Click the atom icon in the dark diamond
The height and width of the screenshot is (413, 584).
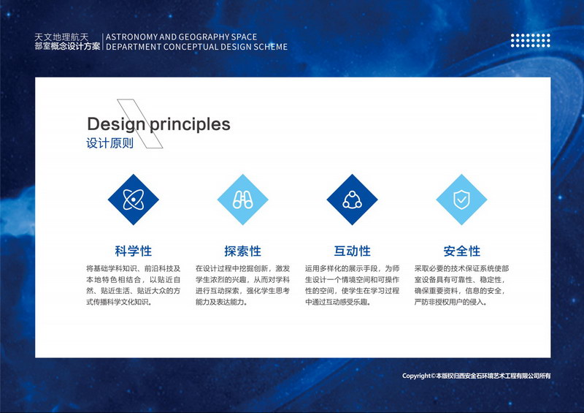pos(134,200)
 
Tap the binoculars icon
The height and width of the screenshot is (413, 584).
pos(243,200)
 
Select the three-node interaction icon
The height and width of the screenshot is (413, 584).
pos(353,200)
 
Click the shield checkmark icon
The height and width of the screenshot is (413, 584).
pos(461,200)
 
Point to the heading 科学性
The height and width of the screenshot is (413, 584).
pos(134,251)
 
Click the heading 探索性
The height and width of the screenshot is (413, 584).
pos(243,251)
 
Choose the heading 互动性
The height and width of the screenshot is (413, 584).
pos(353,251)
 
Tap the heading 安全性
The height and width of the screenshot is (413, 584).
pos(462,251)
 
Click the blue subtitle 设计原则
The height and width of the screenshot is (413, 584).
pos(110,143)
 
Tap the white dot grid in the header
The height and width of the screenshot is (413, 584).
pos(531,40)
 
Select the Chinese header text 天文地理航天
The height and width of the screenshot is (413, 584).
pos(61,37)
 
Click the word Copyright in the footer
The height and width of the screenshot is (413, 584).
pos(416,376)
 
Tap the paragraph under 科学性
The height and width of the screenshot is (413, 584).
pos(134,285)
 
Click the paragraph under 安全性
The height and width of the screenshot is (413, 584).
pos(462,285)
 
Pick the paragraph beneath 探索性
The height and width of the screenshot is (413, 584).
pos(243,285)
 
